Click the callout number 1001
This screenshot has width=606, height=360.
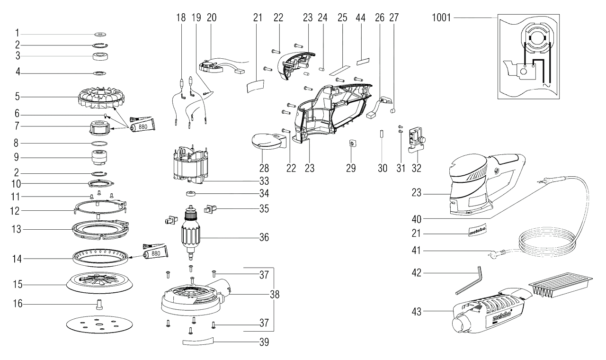coord(441,18)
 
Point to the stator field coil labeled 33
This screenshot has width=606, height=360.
coord(190,165)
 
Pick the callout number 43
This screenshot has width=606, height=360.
coord(417,312)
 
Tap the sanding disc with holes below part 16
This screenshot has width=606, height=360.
coord(99,325)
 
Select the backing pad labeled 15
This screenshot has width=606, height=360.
coord(99,282)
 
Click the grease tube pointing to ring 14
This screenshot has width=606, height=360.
coord(155,252)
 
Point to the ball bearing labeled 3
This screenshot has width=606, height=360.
coord(100,56)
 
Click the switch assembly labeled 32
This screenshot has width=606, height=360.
coord(417,141)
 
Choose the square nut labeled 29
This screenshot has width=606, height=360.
coord(351,143)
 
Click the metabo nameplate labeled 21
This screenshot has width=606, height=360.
coord(477,230)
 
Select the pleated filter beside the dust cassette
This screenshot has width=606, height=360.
coord(560,285)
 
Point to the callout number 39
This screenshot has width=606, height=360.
coord(264,342)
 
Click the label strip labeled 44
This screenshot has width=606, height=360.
coord(363,62)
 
